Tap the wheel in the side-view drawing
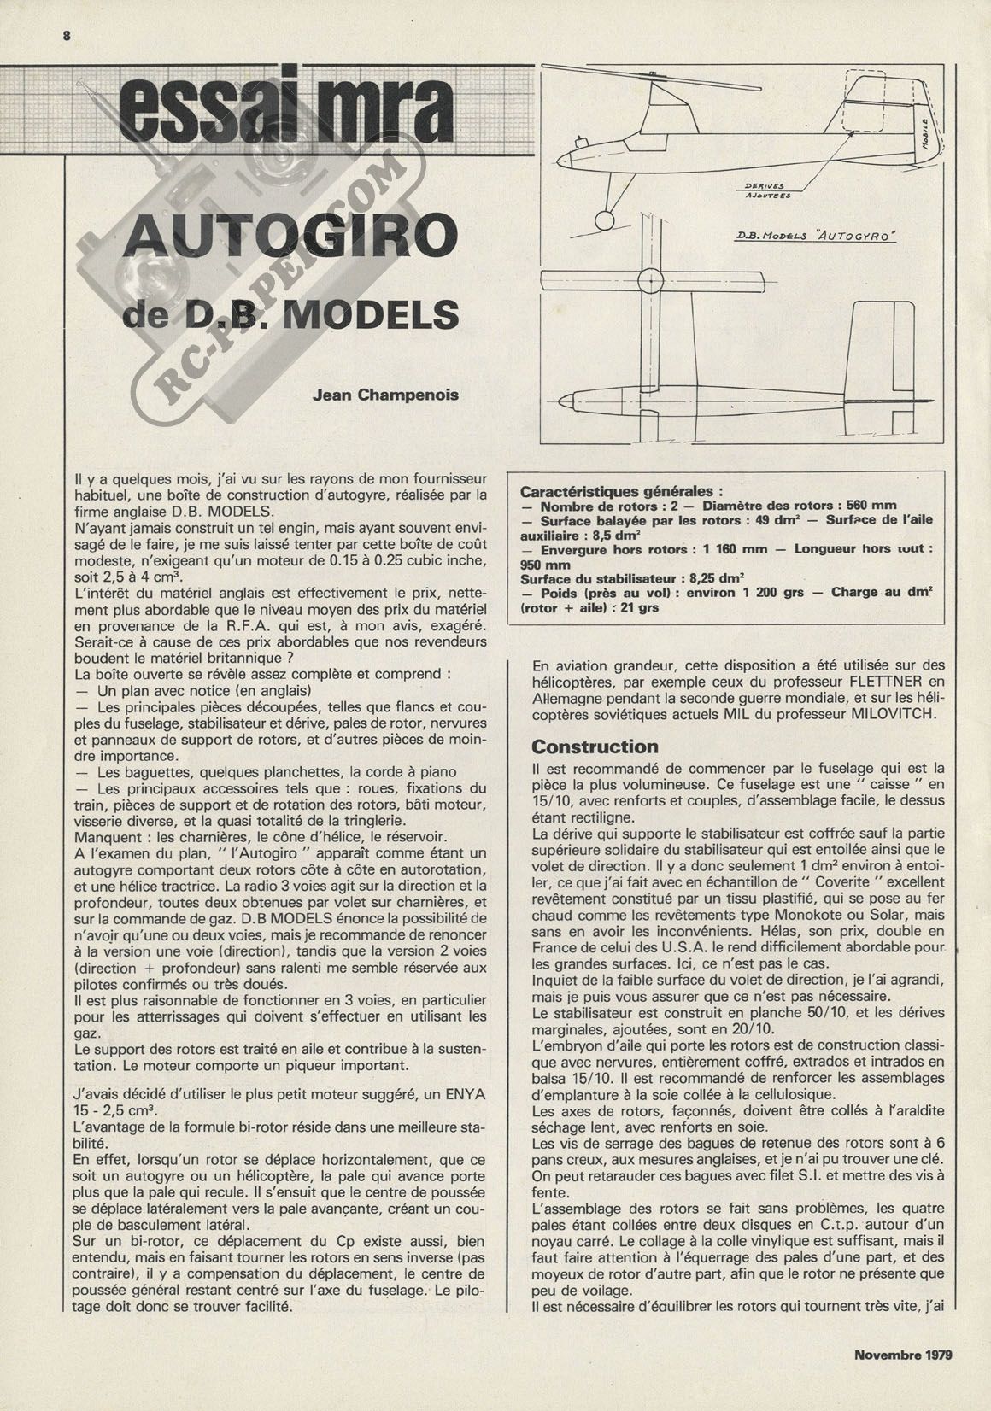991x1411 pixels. tap(605, 221)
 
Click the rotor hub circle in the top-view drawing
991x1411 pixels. tap(649, 279)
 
